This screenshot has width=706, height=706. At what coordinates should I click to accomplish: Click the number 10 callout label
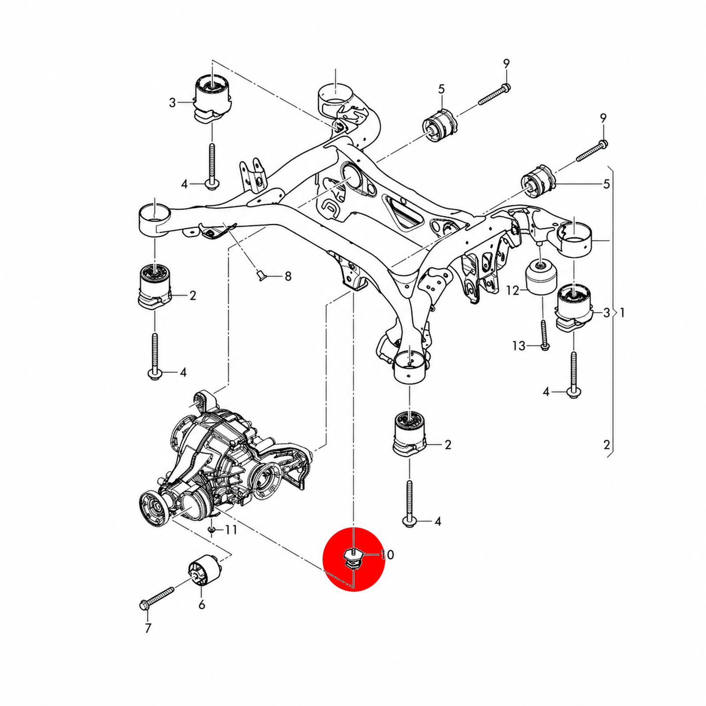[x=387, y=555]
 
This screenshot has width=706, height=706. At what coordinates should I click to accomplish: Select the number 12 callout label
[x=513, y=290]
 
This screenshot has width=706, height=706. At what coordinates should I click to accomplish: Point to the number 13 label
[x=519, y=345]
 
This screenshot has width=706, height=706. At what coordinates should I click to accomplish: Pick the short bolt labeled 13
[x=544, y=335]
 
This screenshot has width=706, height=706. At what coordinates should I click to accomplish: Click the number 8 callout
[x=288, y=277]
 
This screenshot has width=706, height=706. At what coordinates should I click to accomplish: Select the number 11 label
[x=231, y=529]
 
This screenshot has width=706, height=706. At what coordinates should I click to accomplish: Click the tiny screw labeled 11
[x=212, y=529]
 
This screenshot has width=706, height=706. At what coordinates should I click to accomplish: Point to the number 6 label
[x=202, y=605]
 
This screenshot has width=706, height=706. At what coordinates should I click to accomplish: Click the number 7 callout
[x=148, y=628]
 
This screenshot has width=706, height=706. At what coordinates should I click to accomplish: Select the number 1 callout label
[x=622, y=313]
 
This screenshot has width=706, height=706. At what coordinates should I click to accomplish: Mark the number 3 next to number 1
[x=606, y=313]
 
